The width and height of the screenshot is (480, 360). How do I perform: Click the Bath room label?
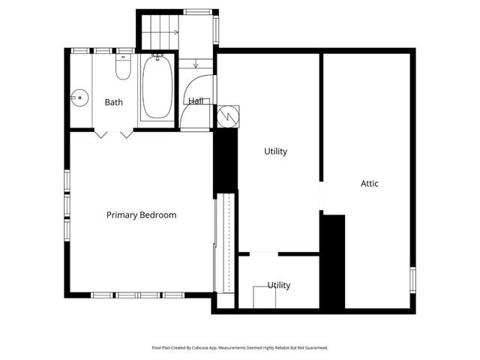114,102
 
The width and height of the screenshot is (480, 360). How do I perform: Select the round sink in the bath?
79,96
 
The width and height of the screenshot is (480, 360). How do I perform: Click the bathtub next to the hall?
157,88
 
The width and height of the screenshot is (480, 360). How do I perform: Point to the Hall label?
196,100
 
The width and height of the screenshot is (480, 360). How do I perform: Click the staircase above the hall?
160,32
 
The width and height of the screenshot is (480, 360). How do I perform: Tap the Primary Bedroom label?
141,215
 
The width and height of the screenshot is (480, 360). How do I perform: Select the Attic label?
369,183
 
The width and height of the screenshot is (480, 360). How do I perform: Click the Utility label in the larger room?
275,151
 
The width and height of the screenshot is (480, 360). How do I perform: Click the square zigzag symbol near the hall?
226,116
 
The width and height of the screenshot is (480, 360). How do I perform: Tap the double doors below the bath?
115,133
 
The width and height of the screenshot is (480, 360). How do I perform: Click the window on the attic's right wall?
412,280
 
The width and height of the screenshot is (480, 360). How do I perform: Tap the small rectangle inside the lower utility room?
264,298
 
